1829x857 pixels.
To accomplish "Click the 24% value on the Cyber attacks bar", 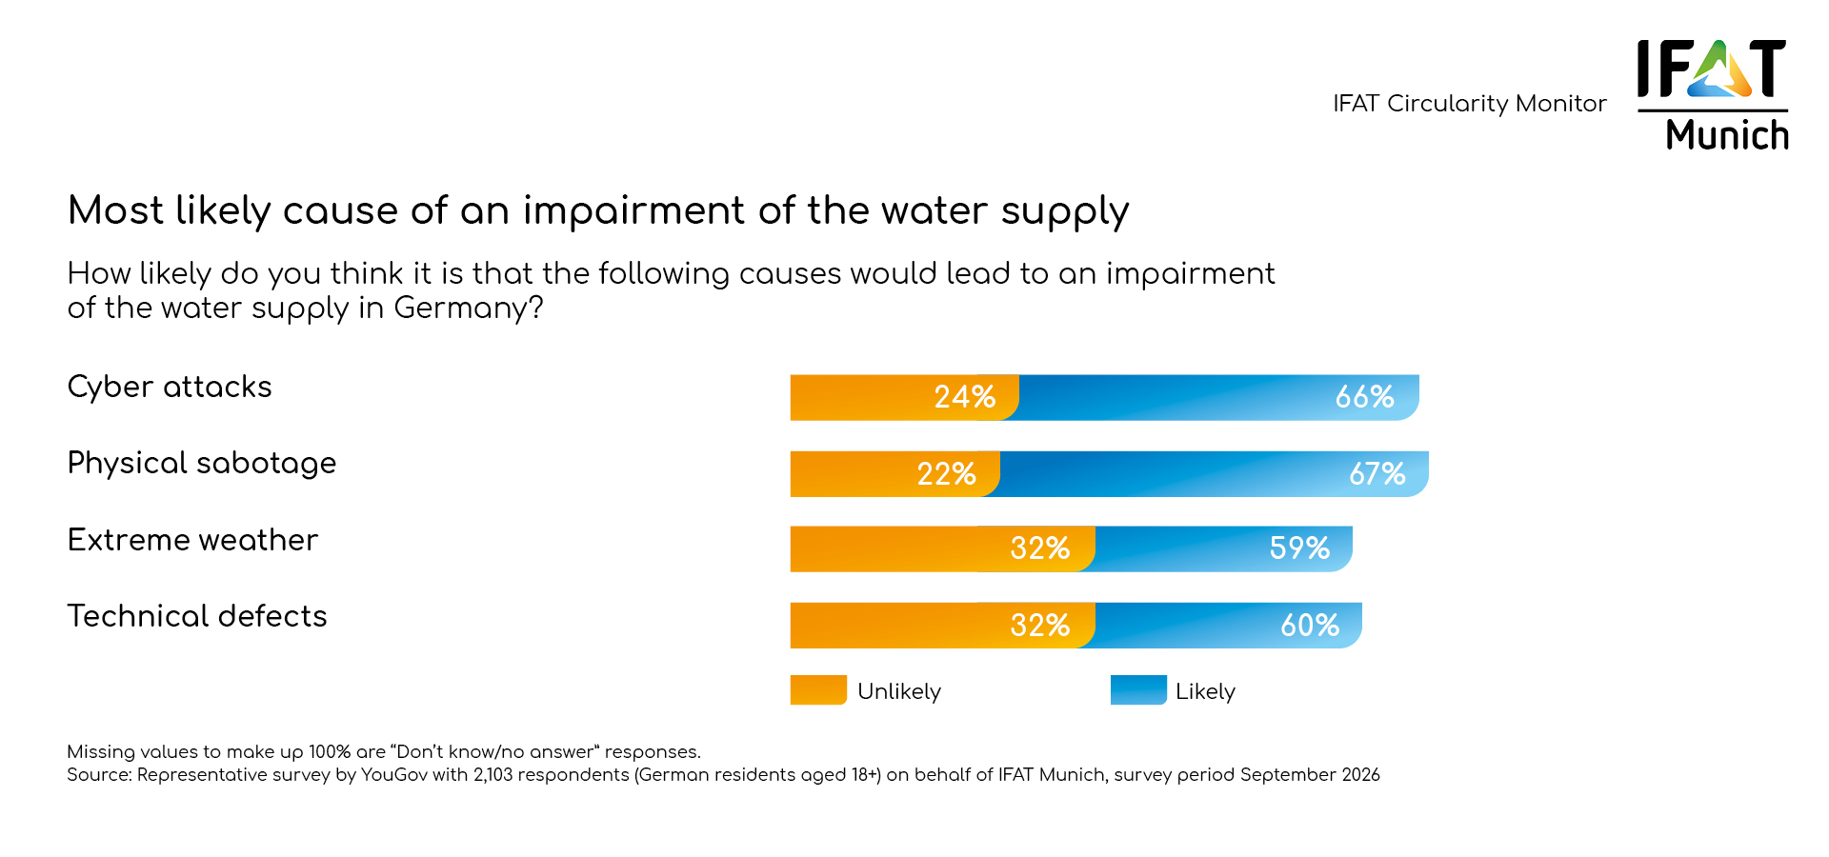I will coord(964,397).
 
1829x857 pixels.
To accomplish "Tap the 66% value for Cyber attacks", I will coord(1364,397).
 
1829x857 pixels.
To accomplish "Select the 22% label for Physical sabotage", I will coord(946,474).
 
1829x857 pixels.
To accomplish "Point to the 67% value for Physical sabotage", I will coord(1377,474).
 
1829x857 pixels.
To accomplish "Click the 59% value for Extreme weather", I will coord(1299,548).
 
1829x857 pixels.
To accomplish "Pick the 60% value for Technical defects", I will coord(1310,626).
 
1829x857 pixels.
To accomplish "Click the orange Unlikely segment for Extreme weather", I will coord(895,549).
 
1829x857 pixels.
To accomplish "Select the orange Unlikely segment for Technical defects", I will coord(895,626).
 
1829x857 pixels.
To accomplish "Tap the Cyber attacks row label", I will coord(170,387).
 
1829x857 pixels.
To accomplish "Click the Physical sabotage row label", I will coord(202,464).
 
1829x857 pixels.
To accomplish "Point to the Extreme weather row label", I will coord(192,540).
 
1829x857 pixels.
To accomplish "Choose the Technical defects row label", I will coord(197,616).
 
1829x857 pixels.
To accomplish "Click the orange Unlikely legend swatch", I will coord(818,690).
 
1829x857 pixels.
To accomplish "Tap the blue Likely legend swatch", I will coord(1138,690).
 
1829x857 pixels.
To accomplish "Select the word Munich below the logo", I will coord(1726,135).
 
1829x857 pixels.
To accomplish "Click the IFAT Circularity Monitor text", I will coord(1469,103).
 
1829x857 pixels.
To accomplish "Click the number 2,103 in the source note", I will coord(493,775).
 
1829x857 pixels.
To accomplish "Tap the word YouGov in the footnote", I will coord(394,775).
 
